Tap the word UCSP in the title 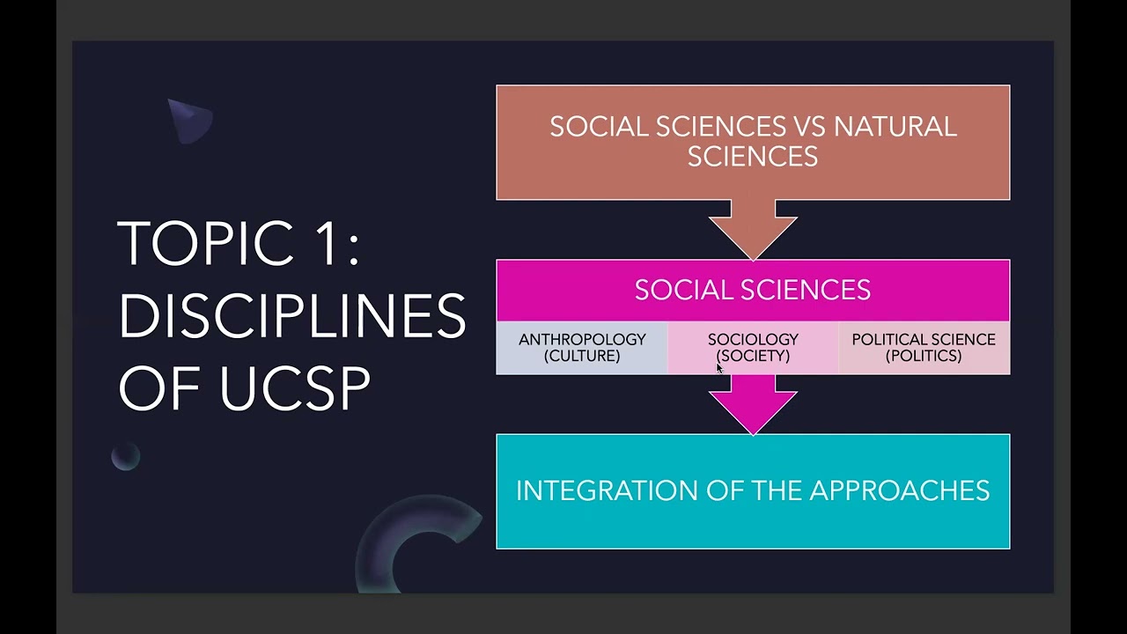(295, 387)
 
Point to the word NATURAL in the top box (895, 127)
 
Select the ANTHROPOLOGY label (582, 339)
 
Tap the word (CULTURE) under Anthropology (582, 356)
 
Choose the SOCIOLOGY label (753, 339)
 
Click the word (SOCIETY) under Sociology (753, 356)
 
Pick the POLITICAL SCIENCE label (924, 339)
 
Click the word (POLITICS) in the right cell (924, 356)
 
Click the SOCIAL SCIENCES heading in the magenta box (753, 290)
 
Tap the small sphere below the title (126, 456)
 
